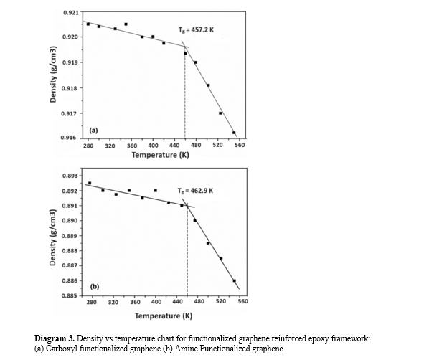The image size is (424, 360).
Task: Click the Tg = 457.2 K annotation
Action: click(196, 29)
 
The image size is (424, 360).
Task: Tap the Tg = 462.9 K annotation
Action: click(195, 191)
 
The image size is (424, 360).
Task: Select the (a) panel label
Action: click(93, 131)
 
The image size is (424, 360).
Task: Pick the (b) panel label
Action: click(95, 286)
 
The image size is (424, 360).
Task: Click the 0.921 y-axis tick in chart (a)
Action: click(71, 13)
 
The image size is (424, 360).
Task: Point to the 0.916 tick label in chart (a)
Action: click(68, 138)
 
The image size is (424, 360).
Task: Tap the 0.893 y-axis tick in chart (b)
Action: click(70, 176)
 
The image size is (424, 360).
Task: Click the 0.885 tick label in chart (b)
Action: click(69, 295)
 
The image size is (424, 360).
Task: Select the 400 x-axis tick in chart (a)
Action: click(153, 146)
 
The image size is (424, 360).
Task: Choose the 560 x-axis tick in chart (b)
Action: click(242, 301)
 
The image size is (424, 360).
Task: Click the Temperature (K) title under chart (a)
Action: click(161, 155)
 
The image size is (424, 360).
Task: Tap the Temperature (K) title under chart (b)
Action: click(164, 316)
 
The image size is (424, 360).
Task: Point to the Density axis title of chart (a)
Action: click(53, 75)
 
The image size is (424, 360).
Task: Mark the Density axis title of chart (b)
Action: click(52, 237)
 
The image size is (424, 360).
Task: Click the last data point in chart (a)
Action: click(234, 133)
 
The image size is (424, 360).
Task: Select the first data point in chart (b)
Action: click(90, 183)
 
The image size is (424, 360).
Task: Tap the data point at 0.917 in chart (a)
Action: click(220, 113)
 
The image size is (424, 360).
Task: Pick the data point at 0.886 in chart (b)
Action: click(234, 281)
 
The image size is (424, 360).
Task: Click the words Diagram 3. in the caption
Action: click(55, 338)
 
